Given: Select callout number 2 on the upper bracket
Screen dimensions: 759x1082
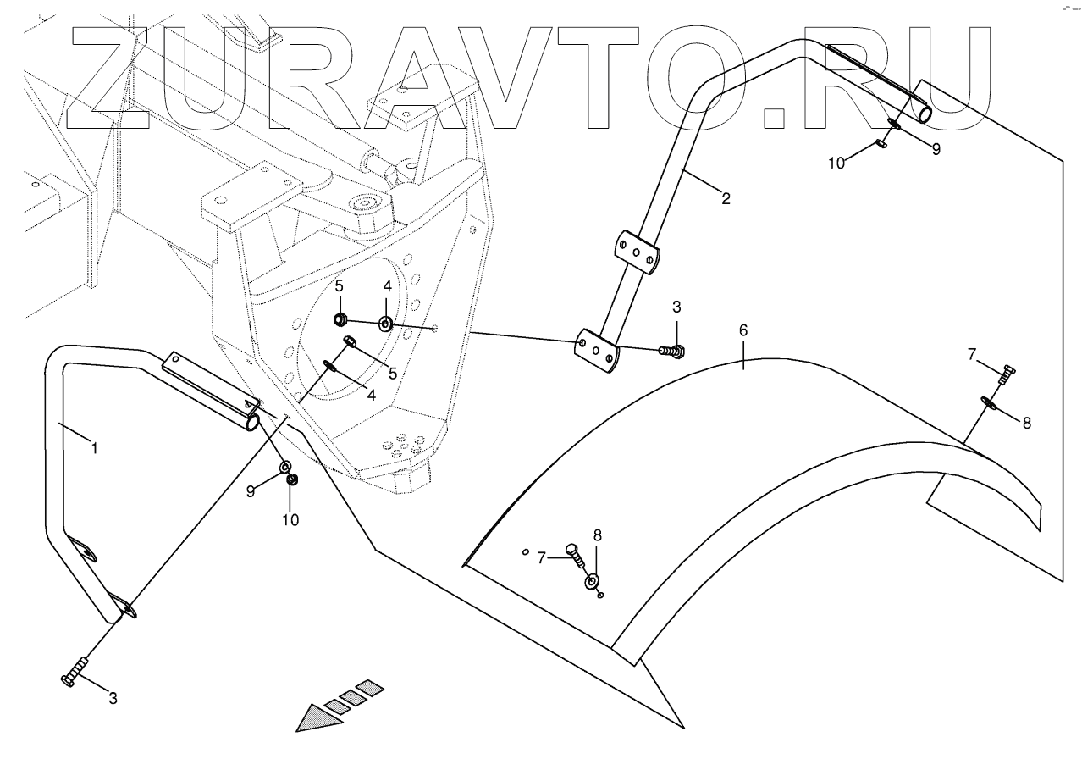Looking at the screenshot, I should [x=726, y=200].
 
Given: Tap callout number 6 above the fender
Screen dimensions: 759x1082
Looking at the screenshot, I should [x=743, y=330].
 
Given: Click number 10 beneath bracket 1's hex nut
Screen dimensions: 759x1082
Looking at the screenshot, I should [x=290, y=519].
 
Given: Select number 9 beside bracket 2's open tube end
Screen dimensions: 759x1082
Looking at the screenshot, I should [x=936, y=149].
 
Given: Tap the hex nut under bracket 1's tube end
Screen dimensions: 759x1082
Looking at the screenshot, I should [x=293, y=480].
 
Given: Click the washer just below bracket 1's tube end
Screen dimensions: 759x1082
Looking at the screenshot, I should [x=284, y=465].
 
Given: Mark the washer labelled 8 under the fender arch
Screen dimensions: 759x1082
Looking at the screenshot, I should [x=592, y=581].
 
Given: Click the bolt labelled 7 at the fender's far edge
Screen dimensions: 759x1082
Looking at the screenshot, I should [x=1007, y=373].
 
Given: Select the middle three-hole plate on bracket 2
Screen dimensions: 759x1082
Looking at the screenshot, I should [x=635, y=252].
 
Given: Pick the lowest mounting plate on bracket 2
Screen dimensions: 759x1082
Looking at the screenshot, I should [x=598, y=351].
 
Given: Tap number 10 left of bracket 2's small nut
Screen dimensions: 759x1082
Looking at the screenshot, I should [x=836, y=163].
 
